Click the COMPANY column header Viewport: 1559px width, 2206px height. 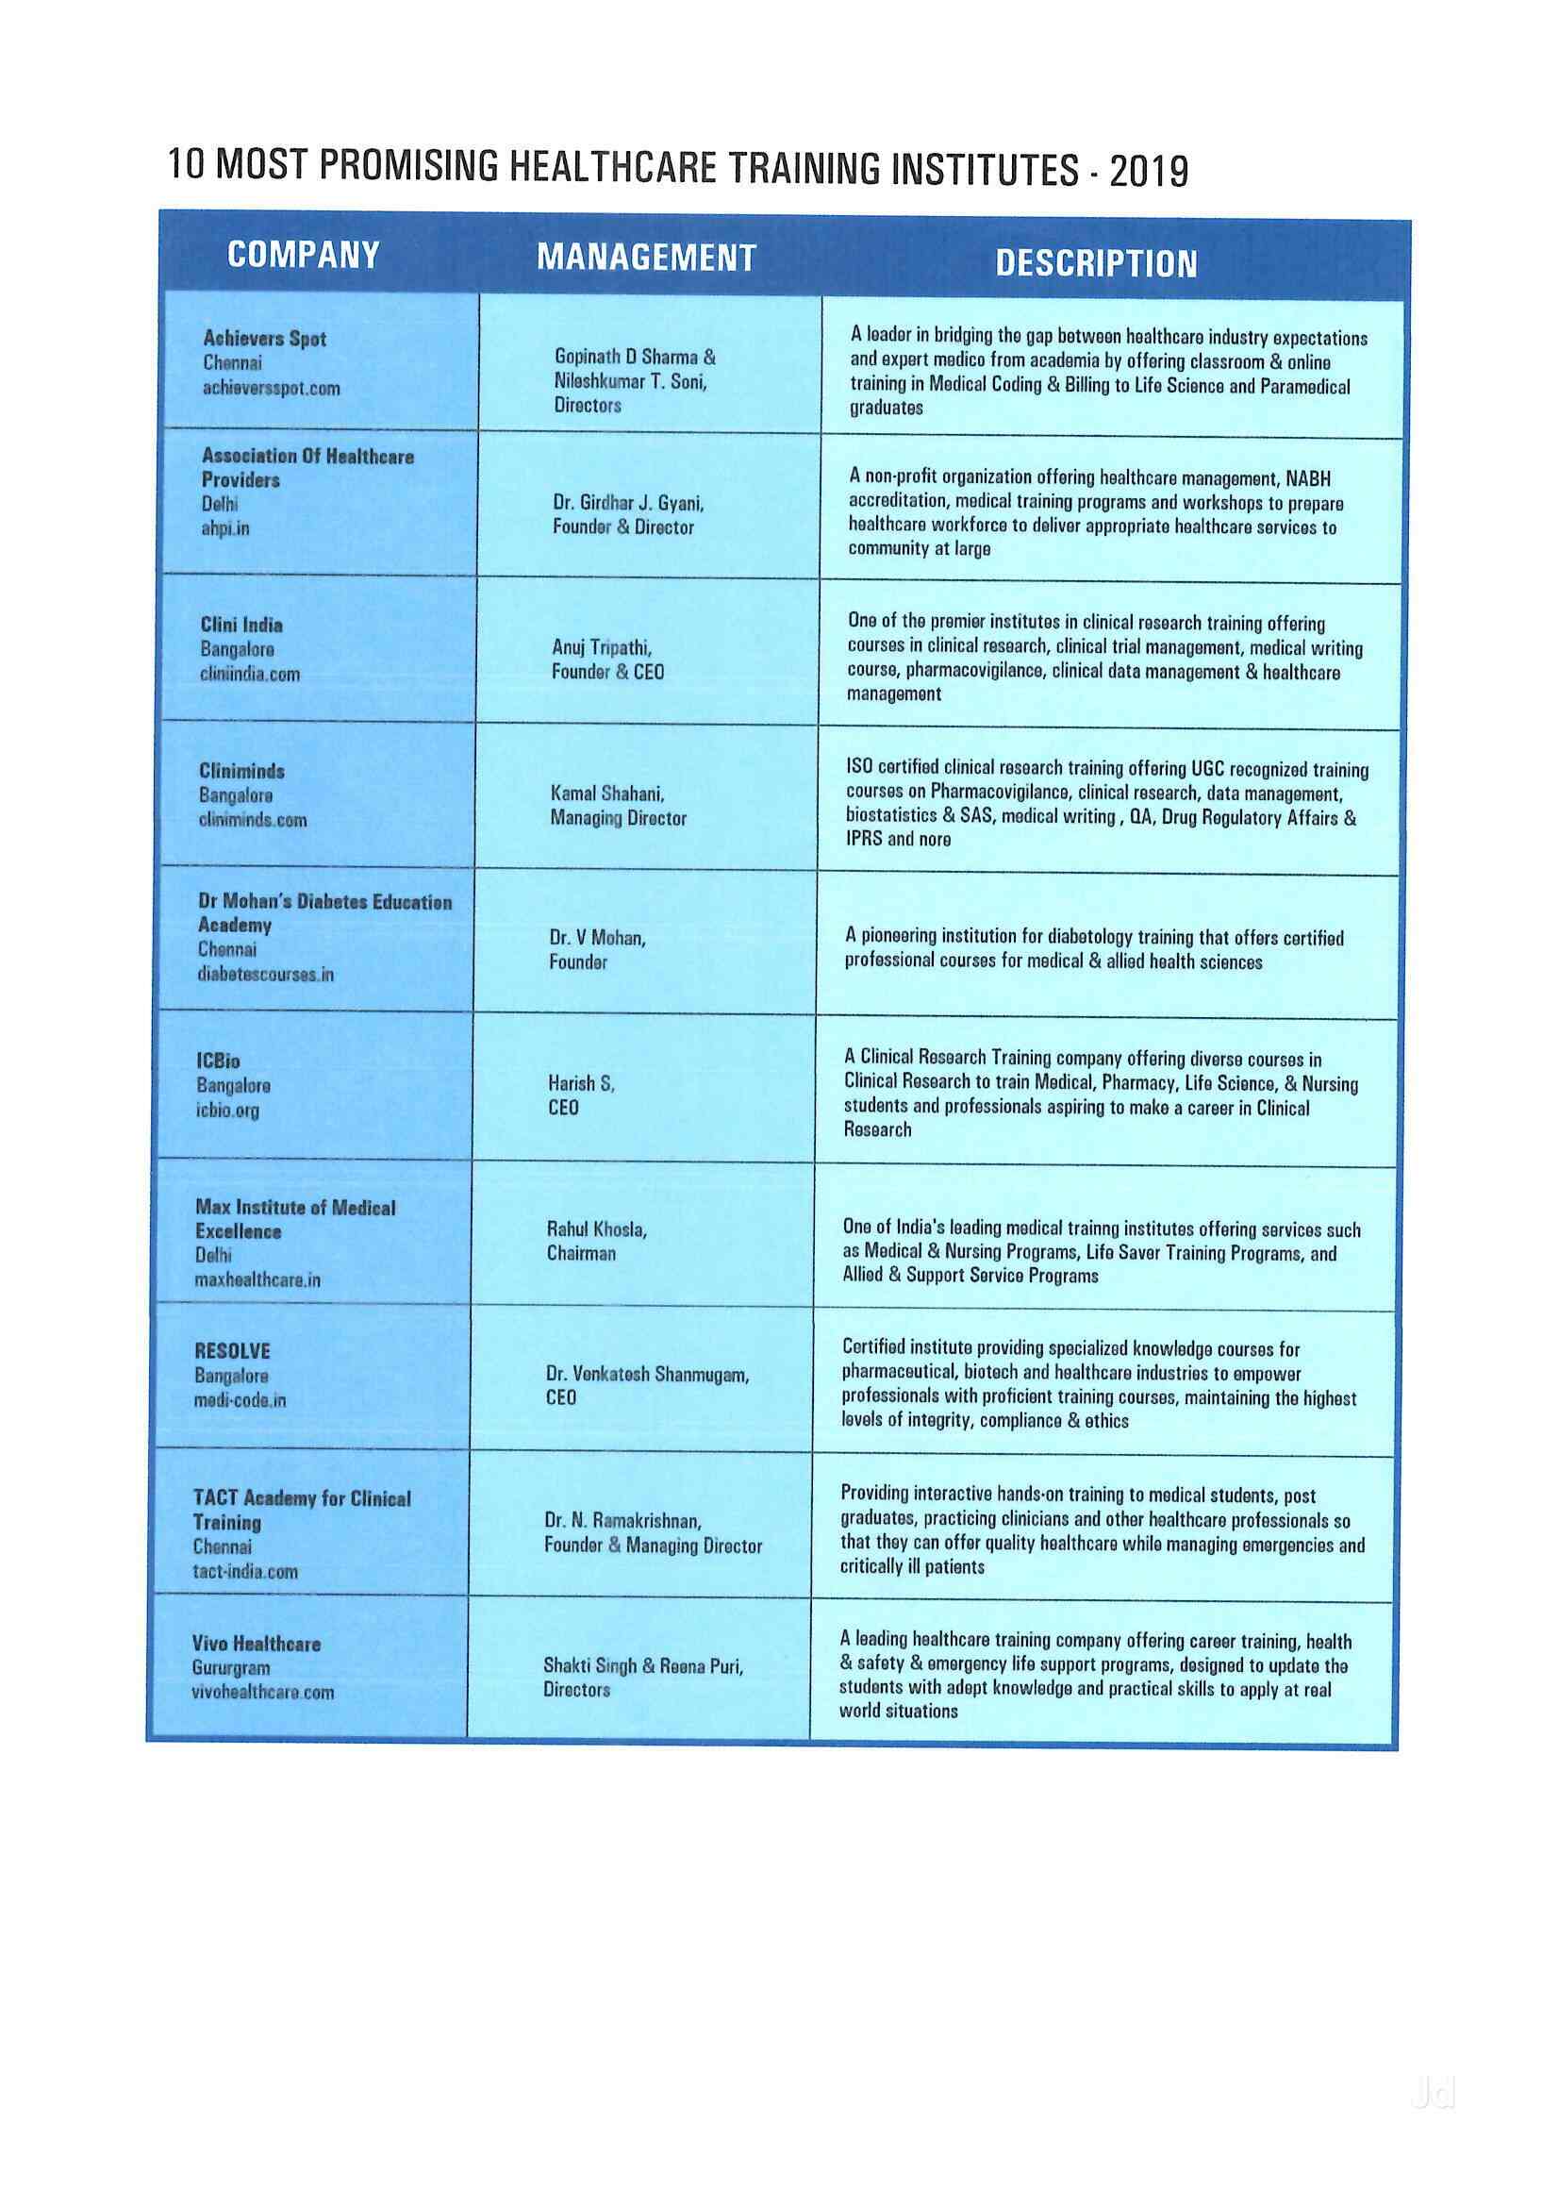point(304,255)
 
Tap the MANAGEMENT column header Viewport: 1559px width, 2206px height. point(646,258)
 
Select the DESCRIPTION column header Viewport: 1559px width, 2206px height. point(1096,263)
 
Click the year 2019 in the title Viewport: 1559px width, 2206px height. point(1149,172)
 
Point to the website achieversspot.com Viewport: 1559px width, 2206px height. point(271,388)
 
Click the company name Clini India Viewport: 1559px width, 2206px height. point(241,625)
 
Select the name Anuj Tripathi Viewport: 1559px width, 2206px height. point(602,647)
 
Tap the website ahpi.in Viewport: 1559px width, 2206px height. point(224,528)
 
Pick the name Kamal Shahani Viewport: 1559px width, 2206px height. point(607,794)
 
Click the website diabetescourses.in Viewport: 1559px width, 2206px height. point(266,975)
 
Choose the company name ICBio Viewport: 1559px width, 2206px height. point(218,1061)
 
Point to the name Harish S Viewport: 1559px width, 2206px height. point(581,1083)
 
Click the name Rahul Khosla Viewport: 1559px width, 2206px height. point(596,1228)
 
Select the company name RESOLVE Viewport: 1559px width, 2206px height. point(232,1351)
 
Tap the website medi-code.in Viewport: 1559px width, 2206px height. point(240,1400)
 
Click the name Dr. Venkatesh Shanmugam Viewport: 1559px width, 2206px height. point(646,1374)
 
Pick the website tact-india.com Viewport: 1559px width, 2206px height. point(245,1572)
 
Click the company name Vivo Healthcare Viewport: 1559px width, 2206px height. point(256,1644)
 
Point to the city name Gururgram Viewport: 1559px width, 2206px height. point(230,1668)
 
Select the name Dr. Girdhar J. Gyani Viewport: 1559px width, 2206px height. point(628,503)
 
